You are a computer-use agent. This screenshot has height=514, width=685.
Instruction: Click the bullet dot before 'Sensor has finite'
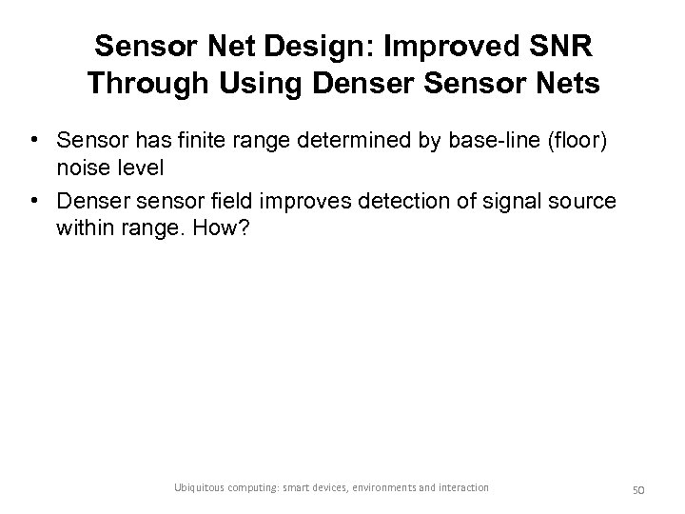(33, 141)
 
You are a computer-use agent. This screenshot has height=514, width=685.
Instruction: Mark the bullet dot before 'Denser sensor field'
(33, 202)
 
